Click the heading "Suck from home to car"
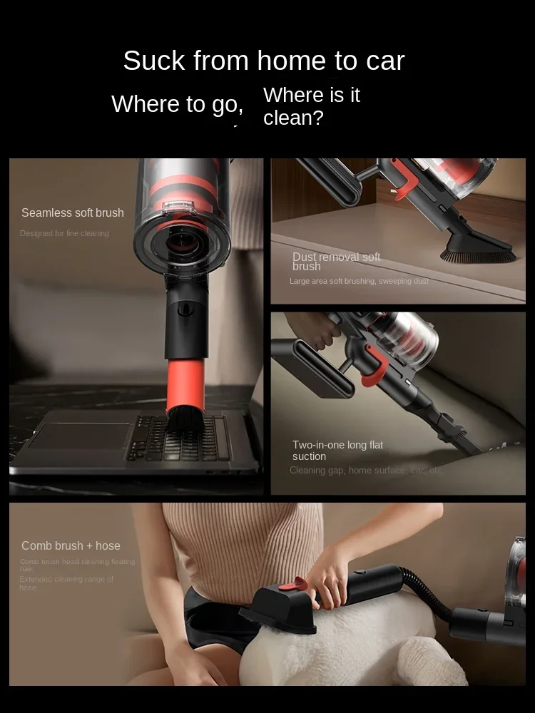pyautogui.click(x=263, y=61)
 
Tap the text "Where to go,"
pyautogui.click(x=178, y=104)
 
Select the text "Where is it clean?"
pyautogui.click(x=312, y=106)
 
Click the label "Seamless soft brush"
pyautogui.click(x=73, y=212)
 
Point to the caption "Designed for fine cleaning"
pyautogui.click(x=64, y=233)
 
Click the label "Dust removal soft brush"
pyautogui.click(x=336, y=262)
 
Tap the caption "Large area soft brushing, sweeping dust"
pyautogui.click(x=359, y=281)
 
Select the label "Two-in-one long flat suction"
pyautogui.click(x=337, y=450)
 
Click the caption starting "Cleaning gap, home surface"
pyautogui.click(x=366, y=470)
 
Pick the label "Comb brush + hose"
pyautogui.click(x=71, y=545)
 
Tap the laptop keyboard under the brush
pyautogui.click(x=178, y=438)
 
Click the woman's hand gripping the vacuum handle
pyautogui.click(x=330, y=581)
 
